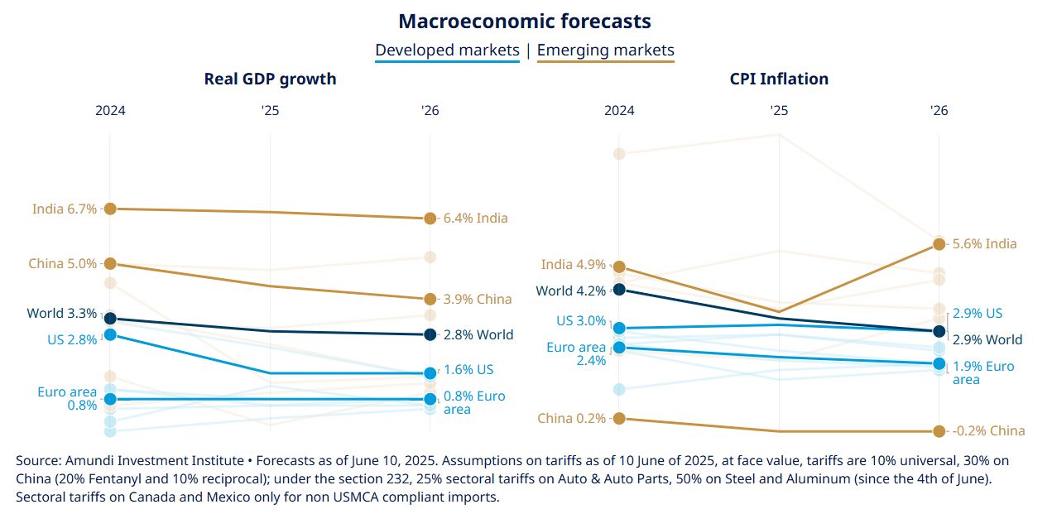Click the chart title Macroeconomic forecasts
[x=525, y=21]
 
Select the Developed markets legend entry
[x=447, y=50]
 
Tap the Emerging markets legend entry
[x=605, y=50]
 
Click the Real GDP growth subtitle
[x=270, y=79]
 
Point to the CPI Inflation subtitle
[x=779, y=79]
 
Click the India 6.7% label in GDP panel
[x=65, y=209]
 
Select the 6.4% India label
[x=475, y=219]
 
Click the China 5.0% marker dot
[x=110, y=264]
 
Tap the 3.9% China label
[x=477, y=299]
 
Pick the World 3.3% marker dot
[x=110, y=319]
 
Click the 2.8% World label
[x=478, y=335]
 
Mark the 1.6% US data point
[x=430, y=373]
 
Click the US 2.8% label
[x=72, y=339]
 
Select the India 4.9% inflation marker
[x=619, y=267]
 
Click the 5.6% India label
[x=985, y=244]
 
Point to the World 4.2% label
[x=570, y=291]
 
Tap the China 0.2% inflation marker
[x=619, y=418]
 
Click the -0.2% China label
[x=988, y=431]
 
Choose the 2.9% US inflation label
[x=978, y=314]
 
